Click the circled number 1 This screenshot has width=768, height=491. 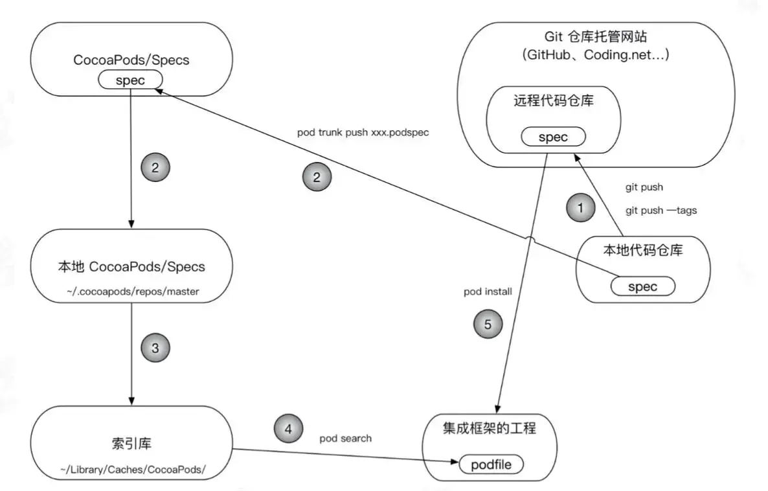pos(580,208)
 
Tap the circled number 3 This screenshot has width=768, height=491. pos(155,348)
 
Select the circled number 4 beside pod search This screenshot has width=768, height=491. pos(288,428)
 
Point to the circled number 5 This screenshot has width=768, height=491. pos(488,325)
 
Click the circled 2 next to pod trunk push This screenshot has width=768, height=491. pos(317,178)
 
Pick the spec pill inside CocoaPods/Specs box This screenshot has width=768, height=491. pos(130,80)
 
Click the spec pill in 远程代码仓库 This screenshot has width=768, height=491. pos(553,137)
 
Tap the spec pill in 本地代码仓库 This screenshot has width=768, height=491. pos(642,286)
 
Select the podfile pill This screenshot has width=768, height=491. pos(491,464)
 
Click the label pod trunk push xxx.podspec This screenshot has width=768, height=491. pos(363,132)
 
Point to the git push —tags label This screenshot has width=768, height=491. pos(661,211)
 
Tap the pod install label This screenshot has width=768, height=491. pos(488,291)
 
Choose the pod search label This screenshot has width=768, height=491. pos(346,439)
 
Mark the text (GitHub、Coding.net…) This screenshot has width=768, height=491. pos(596,55)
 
